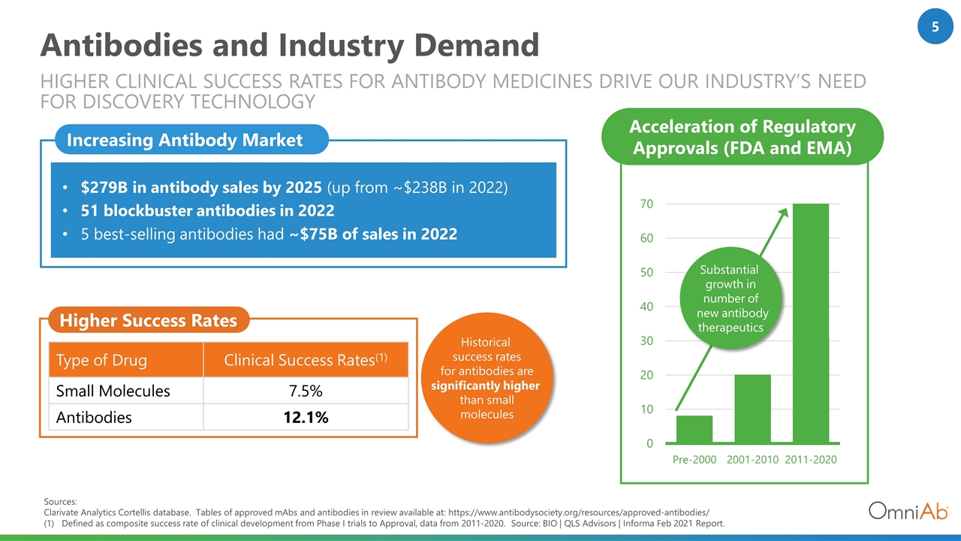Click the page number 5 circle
(935, 26)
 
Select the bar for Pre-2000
(694, 429)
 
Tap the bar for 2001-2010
(752, 408)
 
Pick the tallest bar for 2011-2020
(811, 323)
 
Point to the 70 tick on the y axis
(646, 204)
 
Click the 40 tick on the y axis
(646, 307)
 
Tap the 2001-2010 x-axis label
(752, 459)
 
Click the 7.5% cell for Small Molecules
(306, 391)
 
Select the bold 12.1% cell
(306, 417)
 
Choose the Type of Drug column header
(101, 360)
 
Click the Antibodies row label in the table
(94, 417)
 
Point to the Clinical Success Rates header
(306, 360)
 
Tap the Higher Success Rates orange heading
(149, 320)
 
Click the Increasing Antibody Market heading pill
(191, 140)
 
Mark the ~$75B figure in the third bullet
(314, 234)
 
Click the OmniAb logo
(908, 511)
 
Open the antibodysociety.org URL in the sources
(579, 512)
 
